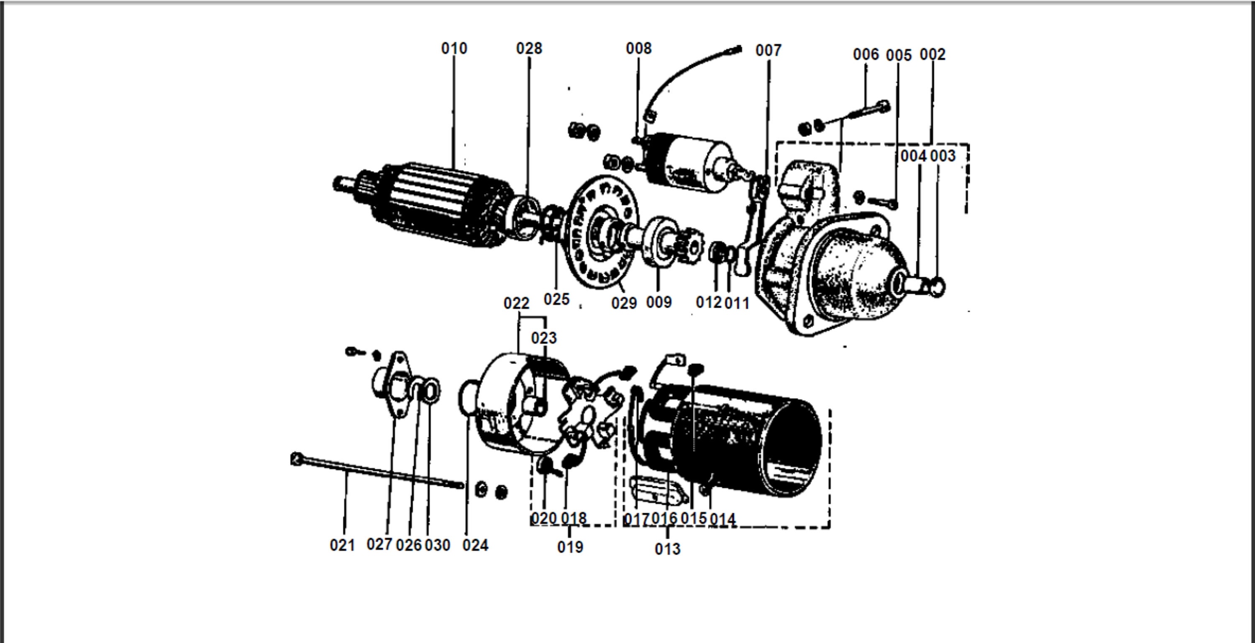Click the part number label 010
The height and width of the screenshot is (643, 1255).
(454, 48)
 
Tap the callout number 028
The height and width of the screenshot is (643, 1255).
(529, 48)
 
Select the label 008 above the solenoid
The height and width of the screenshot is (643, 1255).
(638, 48)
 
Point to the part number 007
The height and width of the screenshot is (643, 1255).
(768, 50)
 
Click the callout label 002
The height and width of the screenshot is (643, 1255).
(932, 54)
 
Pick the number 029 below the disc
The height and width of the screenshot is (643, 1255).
(624, 303)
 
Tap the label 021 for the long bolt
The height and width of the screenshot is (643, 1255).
(342, 545)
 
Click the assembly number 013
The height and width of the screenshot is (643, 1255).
(667, 549)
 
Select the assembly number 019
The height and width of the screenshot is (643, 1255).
(570, 547)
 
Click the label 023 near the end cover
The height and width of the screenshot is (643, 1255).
(544, 338)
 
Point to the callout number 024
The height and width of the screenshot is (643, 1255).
(475, 545)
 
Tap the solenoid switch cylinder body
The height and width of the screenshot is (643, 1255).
(692, 163)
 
